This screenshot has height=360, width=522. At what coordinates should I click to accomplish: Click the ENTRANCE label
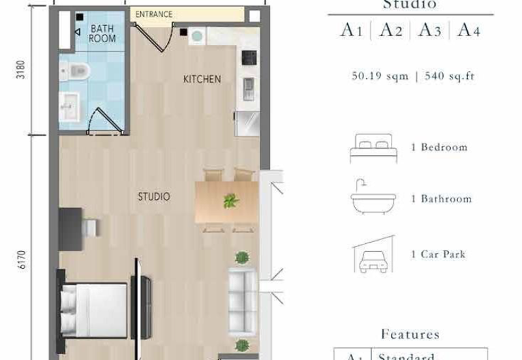click(x=154, y=14)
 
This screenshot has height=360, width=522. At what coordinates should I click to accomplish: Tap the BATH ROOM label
click(x=102, y=33)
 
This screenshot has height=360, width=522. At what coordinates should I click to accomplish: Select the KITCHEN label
click(x=202, y=80)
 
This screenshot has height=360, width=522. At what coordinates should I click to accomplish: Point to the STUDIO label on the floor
click(x=154, y=196)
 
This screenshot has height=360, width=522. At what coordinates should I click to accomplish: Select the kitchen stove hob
click(x=249, y=58)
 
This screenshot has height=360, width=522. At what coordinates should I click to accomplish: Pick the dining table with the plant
click(x=226, y=202)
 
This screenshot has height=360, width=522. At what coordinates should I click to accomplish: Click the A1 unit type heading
click(x=350, y=30)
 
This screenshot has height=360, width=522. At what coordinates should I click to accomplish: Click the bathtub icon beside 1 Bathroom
click(x=373, y=199)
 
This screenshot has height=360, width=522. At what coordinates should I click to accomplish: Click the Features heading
click(x=410, y=335)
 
